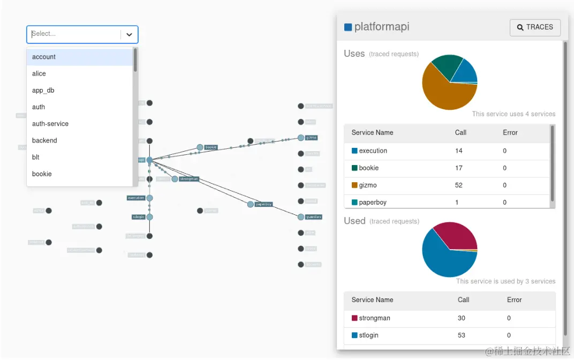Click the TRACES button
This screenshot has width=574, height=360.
[535, 27]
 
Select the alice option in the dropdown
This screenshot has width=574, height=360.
[39, 73]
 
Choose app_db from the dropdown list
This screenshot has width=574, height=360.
[43, 91]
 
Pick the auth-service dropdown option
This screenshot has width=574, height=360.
[50, 124]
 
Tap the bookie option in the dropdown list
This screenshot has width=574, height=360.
[42, 174]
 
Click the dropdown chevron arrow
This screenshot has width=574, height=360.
[129, 34]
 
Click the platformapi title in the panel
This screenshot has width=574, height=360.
[382, 27]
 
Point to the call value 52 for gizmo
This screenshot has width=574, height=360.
[459, 185]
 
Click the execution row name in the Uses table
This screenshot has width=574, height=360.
[373, 151]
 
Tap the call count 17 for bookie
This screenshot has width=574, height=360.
[459, 168]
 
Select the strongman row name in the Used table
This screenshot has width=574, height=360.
[374, 318]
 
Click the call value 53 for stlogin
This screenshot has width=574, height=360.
[462, 335]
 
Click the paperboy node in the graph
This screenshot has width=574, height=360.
[251, 204]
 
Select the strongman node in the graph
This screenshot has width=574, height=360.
[175, 179]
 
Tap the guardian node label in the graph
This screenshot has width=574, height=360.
[314, 217]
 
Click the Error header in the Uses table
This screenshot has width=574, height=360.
[510, 133]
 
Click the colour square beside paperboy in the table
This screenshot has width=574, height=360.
[354, 202]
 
